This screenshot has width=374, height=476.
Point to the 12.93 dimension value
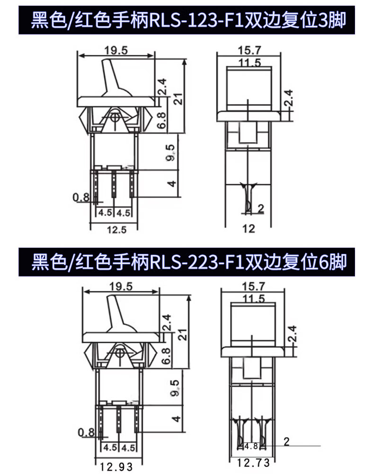(x=116, y=467)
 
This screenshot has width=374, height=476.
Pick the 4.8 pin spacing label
(x=251, y=445)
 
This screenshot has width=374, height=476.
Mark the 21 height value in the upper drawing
(x=178, y=98)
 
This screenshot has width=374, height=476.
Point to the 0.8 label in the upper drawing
(x=81, y=197)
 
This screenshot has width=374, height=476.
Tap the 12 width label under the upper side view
(x=249, y=229)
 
